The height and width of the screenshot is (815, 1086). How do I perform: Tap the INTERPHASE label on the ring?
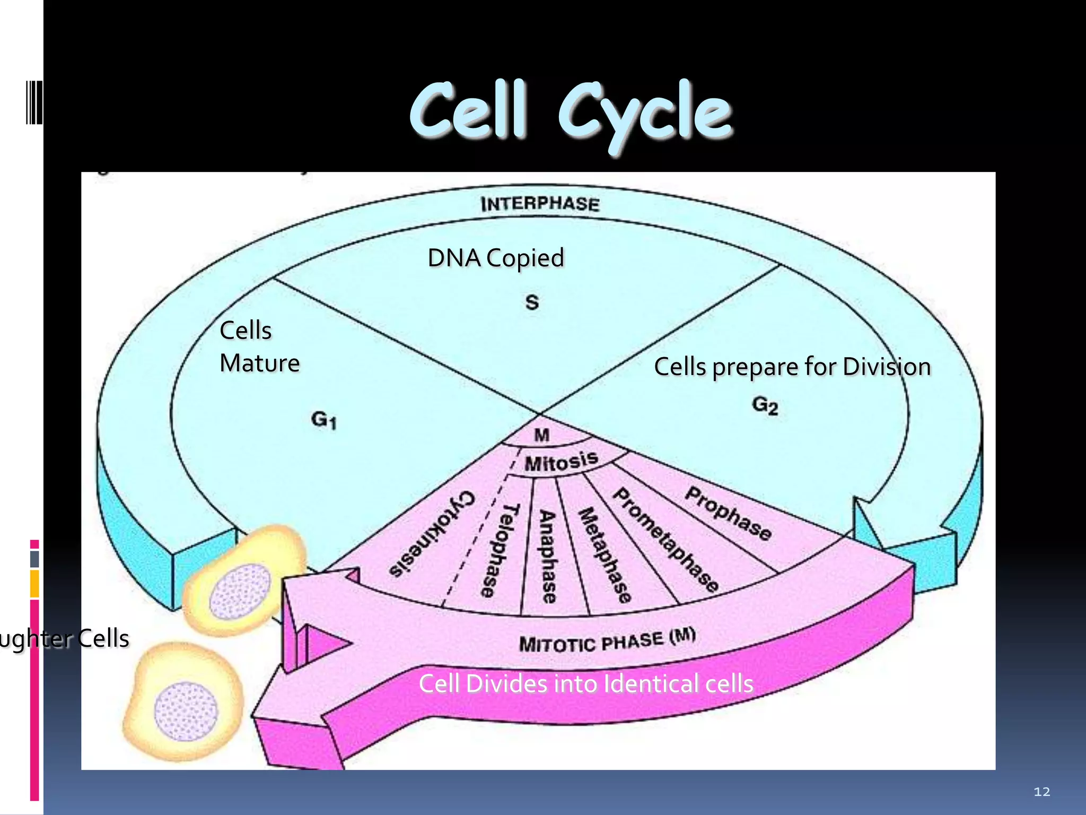(540, 204)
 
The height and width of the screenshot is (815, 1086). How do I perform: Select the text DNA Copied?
(496, 258)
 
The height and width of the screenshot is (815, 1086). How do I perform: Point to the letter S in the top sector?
(532, 302)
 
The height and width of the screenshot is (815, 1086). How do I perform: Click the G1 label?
(323, 420)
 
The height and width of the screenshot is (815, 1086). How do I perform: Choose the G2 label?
(765, 406)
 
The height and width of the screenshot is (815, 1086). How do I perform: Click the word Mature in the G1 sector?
(259, 363)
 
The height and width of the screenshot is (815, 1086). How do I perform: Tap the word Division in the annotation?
(886, 367)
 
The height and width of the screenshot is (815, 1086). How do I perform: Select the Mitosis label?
(561, 462)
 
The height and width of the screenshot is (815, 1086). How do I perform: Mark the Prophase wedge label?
(728, 514)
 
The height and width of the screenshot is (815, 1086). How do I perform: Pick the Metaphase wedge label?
(605, 555)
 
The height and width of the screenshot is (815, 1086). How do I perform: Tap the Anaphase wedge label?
(548, 557)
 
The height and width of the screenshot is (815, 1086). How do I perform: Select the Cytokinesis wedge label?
(432, 533)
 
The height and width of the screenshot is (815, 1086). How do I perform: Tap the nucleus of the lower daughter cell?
(186, 711)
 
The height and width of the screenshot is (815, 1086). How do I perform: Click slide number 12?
(1041, 792)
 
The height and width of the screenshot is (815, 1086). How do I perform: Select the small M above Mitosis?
(541, 435)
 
